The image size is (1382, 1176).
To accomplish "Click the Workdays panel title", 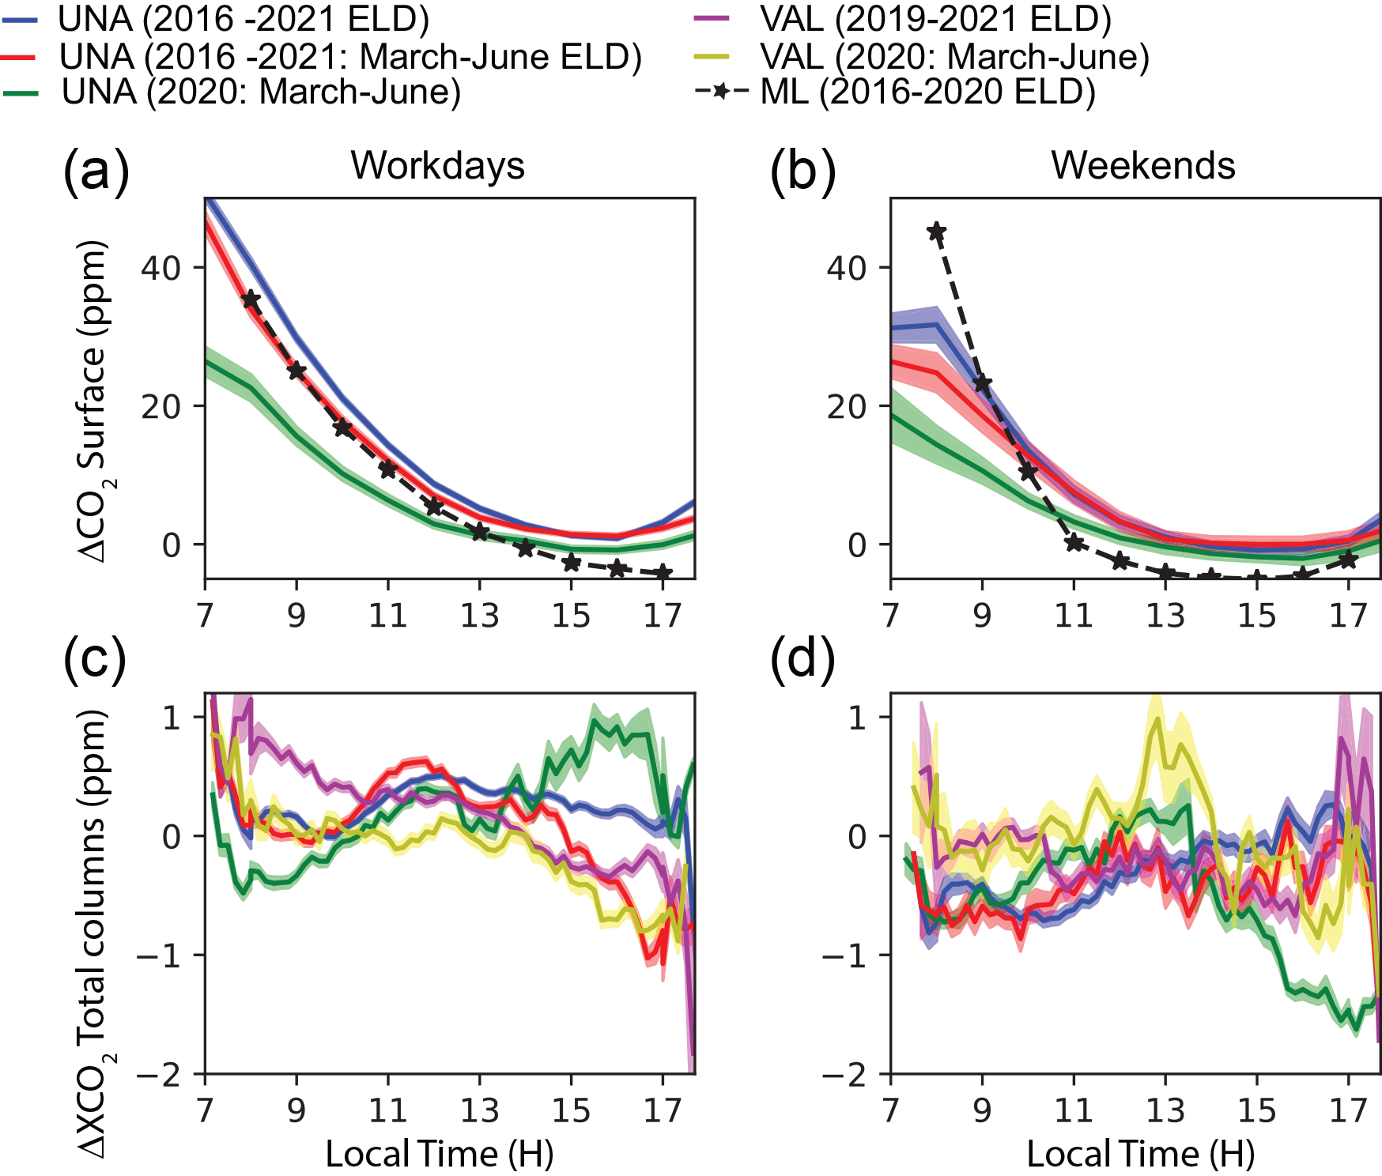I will click(x=438, y=166).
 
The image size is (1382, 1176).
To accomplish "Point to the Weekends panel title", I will click(x=1142, y=166).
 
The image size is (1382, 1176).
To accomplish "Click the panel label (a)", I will click(x=96, y=170).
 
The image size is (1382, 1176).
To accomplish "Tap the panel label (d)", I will click(x=802, y=661).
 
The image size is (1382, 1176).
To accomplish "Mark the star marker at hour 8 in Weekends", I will click(x=937, y=232).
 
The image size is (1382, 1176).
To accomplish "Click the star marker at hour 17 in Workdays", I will click(x=663, y=572).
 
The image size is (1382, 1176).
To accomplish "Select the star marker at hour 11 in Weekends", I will click(x=1074, y=543).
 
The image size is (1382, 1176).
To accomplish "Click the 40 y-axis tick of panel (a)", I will click(x=161, y=268).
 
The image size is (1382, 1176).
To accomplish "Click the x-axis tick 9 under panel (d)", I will click(x=982, y=1110).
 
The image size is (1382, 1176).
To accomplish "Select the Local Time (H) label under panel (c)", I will click(x=440, y=1154).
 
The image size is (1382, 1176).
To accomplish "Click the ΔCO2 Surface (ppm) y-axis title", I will click(x=95, y=401).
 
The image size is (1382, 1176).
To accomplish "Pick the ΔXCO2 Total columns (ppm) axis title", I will click(x=95, y=933).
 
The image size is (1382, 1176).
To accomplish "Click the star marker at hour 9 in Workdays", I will click(x=296, y=370).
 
